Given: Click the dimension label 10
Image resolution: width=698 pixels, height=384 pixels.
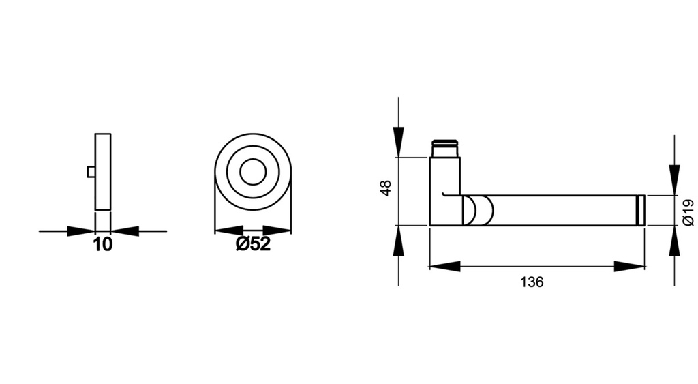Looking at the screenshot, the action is (x=103, y=245).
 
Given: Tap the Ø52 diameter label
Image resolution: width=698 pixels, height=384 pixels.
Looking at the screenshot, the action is (x=253, y=243).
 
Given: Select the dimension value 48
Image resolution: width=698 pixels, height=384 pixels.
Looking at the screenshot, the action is (x=386, y=188).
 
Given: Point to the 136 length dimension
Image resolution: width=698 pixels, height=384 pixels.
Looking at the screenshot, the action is (x=532, y=282).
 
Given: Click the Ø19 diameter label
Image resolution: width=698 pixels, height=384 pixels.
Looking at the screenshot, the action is (x=688, y=212).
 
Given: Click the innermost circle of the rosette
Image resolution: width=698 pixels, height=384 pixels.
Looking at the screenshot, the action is (x=253, y=172).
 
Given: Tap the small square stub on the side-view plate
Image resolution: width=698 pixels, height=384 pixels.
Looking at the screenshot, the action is (x=91, y=172).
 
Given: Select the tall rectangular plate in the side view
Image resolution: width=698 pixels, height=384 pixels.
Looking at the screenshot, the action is (x=103, y=172).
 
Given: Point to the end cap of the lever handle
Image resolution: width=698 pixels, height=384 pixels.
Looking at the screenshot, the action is (x=641, y=210).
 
